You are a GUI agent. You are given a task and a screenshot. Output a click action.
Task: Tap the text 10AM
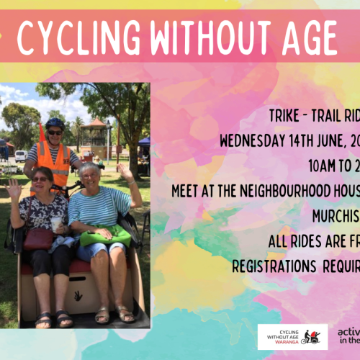tap(322, 166)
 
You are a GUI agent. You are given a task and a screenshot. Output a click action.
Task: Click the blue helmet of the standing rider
tap(55, 124)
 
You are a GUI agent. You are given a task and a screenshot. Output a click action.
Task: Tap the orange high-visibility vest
tap(55, 162)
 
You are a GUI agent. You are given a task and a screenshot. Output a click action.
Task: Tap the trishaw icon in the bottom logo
tap(312, 337)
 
